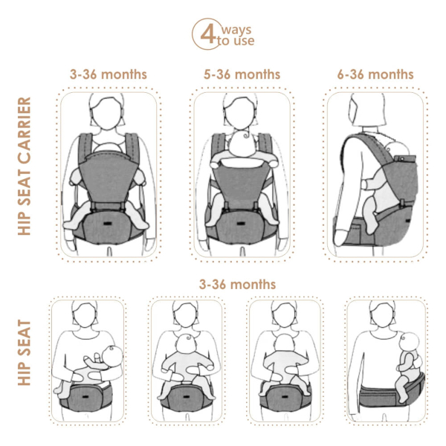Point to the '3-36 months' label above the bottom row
(x=237, y=284)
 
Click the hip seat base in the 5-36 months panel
(x=242, y=227)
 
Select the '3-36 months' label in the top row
(x=109, y=74)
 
